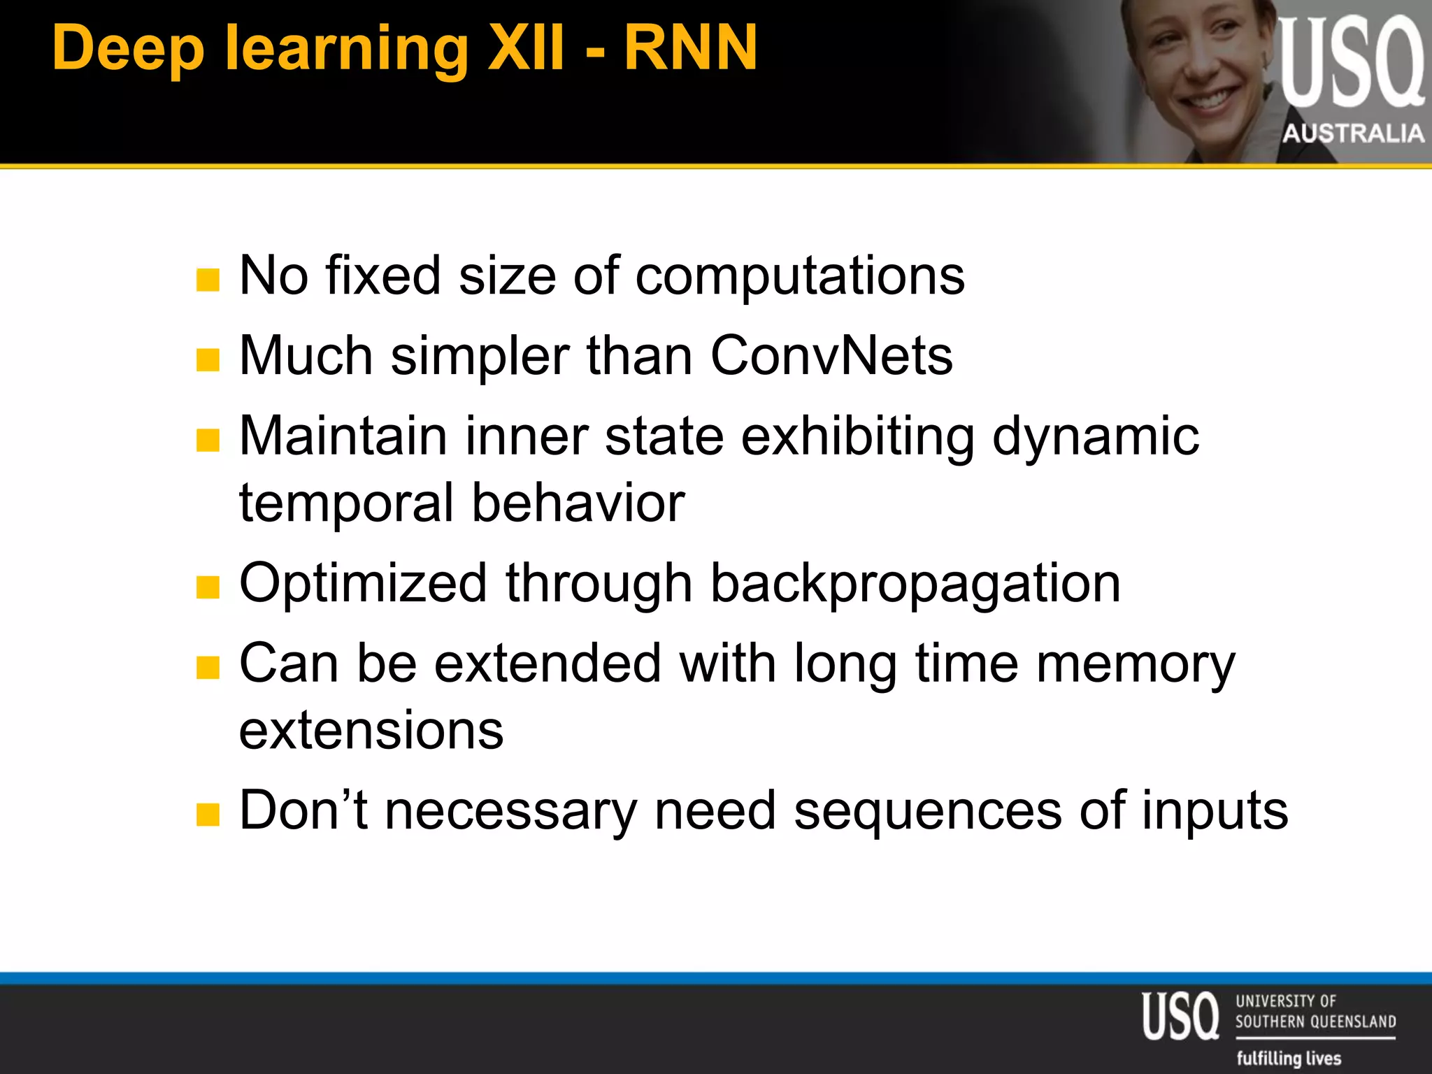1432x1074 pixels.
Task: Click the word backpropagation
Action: pos(915,583)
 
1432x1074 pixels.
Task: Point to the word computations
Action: pos(800,275)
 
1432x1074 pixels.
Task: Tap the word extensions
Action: pos(371,730)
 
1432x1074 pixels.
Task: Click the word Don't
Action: pos(303,810)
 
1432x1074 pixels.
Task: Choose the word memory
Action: pos(1136,664)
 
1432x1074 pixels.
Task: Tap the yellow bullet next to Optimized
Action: pos(208,587)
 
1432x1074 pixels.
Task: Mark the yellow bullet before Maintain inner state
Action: pos(208,441)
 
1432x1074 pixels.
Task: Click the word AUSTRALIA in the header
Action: pos(1353,133)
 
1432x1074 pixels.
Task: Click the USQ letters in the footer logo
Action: pos(1180,1015)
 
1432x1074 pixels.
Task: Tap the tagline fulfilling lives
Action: pos(1289,1058)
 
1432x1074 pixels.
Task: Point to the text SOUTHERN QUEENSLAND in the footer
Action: pos(1315,1022)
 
